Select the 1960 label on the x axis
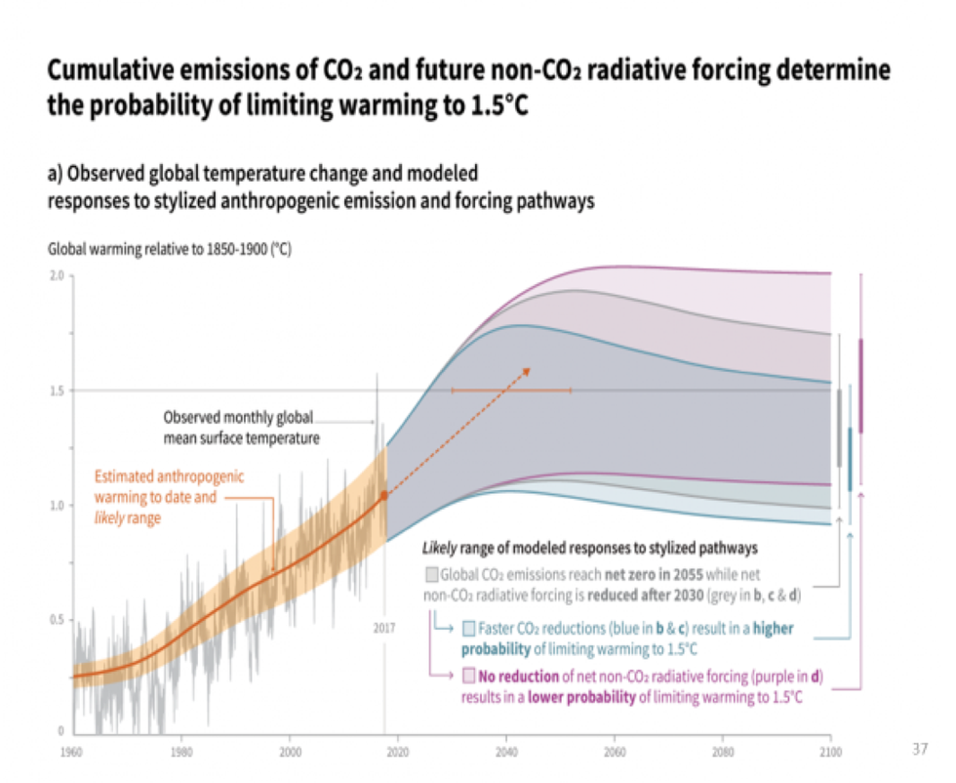71,751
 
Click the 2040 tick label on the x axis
505,751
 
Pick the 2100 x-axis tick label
830,751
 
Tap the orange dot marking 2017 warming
384,495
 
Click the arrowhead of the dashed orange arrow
527,371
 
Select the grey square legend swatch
431,575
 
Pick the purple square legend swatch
469,676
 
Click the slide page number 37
919,749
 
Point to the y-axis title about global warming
169,250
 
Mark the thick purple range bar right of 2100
860,386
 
